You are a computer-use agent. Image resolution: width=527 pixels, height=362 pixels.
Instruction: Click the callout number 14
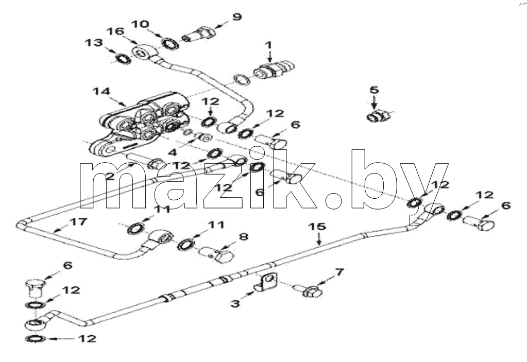(101, 91)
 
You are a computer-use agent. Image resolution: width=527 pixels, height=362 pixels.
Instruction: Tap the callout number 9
(237, 16)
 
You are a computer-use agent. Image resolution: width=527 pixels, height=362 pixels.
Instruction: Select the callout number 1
(268, 45)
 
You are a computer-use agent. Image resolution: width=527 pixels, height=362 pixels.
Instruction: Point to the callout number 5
(374, 90)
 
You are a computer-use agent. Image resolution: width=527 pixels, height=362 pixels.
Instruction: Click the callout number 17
(79, 221)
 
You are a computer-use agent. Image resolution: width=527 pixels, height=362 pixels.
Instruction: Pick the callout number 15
(318, 227)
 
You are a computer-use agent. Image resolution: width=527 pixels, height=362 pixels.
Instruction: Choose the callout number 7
(339, 272)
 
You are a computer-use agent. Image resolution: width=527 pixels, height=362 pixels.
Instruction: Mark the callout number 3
(235, 304)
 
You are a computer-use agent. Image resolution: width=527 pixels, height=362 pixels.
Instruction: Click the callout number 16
(115, 31)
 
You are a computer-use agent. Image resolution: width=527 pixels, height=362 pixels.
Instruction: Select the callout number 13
(94, 43)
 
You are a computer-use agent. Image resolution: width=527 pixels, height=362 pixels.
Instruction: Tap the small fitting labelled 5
(378, 116)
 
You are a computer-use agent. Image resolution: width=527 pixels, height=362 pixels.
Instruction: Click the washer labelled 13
(123, 59)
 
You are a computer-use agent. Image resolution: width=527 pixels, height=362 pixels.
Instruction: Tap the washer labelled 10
(171, 43)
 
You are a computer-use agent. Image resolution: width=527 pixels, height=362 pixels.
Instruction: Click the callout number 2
(110, 175)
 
